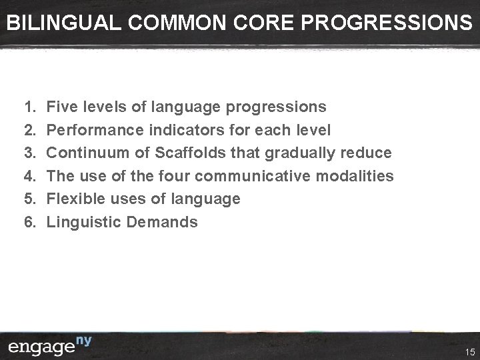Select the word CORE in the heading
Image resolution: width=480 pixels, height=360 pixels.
[x=263, y=23]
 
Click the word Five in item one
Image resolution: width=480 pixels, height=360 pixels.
[x=64, y=107]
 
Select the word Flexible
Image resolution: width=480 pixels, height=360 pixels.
[x=76, y=199]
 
